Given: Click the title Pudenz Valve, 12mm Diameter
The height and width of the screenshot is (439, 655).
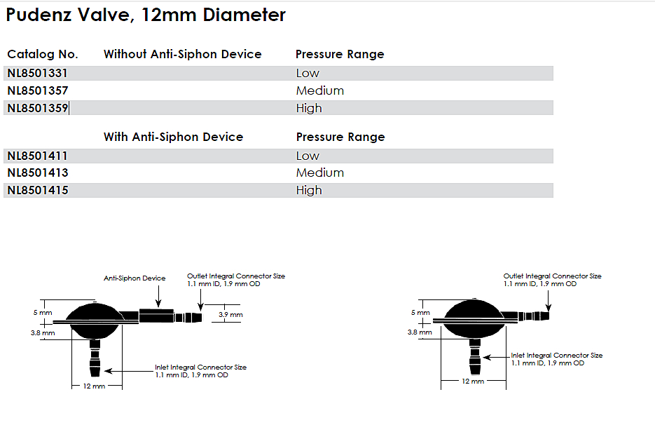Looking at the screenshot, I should pyautogui.click(x=146, y=15).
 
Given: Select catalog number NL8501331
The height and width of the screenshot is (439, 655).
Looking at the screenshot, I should pyautogui.click(x=37, y=73).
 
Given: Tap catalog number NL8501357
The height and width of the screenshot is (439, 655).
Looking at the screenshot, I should pyautogui.click(x=37, y=90).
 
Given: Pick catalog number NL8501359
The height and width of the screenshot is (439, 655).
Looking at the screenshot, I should pyautogui.click(x=37, y=108).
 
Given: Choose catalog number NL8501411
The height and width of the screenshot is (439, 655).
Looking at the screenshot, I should pyautogui.click(x=37, y=156).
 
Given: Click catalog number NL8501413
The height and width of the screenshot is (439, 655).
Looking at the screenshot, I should pyautogui.click(x=37, y=173).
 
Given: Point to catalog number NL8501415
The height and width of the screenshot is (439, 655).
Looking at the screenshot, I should pyautogui.click(x=37, y=190).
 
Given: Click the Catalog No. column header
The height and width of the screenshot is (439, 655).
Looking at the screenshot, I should pyautogui.click(x=43, y=54).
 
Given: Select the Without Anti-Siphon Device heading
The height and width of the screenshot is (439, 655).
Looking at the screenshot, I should pyautogui.click(x=182, y=54).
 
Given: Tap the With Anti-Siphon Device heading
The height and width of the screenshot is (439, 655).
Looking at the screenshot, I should pyautogui.click(x=173, y=137).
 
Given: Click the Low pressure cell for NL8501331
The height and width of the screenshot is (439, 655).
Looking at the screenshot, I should pyautogui.click(x=308, y=73).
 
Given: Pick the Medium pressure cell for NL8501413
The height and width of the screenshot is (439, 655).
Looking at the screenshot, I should pyautogui.click(x=319, y=173).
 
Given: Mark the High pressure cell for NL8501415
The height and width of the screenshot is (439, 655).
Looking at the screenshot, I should pyautogui.click(x=309, y=190).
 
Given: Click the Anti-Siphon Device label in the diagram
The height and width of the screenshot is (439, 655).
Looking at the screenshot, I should pyautogui.click(x=135, y=278).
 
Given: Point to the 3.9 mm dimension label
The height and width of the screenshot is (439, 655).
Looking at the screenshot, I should pyautogui.click(x=230, y=315).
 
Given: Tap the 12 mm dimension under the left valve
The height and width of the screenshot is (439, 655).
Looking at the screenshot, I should pyautogui.click(x=94, y=386).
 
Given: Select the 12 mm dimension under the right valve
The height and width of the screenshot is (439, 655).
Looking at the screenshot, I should pyautogui.click(x=473, y=381).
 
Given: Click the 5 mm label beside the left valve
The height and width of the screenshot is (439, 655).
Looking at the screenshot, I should pyautogui.click(x=45, y=312).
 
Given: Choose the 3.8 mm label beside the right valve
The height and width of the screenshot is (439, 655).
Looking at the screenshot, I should pyautogui.click(x=418, y=332).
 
